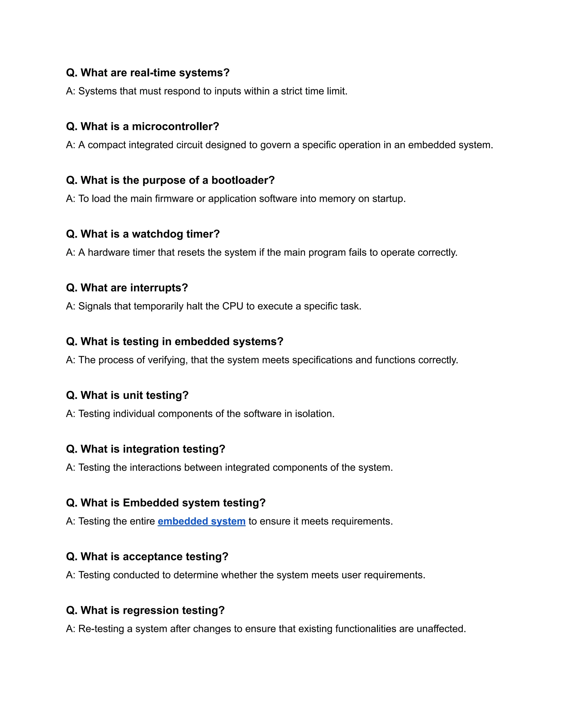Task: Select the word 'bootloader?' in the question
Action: pyautogui.click(x=243, y=180)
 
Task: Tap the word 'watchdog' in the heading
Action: pyautogui.click(x=157, y=234)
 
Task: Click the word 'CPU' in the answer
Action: pyautogui.click(x=233, y=306)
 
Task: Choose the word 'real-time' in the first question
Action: pyautogui.click(x=153, y=73)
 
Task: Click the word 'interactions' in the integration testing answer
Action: pyautogui.click(x=155, y=467)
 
